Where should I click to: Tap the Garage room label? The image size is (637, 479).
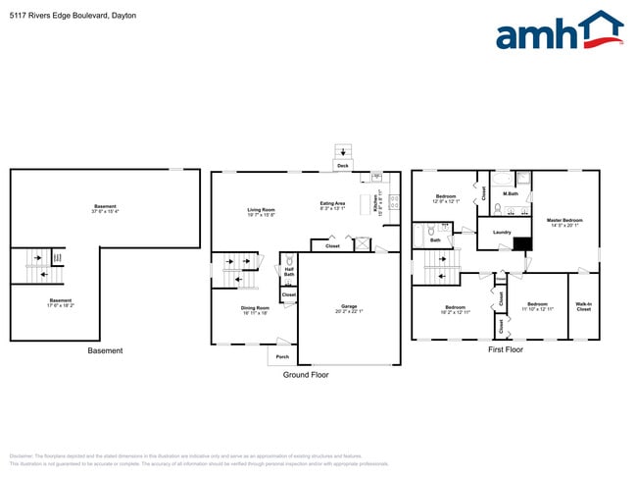pyautogui.click(x=349, y=308)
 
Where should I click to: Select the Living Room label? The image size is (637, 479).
pyautogui.click(x=261, y=209)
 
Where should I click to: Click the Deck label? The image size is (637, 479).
pyautogui.click(x=342, y=166)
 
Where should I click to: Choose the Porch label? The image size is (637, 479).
pyautogui.click(x=282, y=356)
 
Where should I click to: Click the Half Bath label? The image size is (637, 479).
pyautogui.click(x=289, y=272)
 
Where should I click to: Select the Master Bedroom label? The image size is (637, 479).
pyautogui.click(x=564, y=220)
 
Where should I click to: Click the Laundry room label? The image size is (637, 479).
pyautogui.click(x=502, y=233)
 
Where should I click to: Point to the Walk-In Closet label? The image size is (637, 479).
pyautogui.click(x=583, y=306)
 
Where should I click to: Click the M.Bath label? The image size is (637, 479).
pyautogui.click(x=510, y=193)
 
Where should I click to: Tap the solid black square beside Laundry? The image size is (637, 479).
pyautogui.click(x=522, y=245)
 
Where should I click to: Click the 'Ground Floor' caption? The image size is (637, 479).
pyautogui.click(x=307, y=375)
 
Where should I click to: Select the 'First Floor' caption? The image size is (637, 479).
pyautogui.click(x=506, y=349)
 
